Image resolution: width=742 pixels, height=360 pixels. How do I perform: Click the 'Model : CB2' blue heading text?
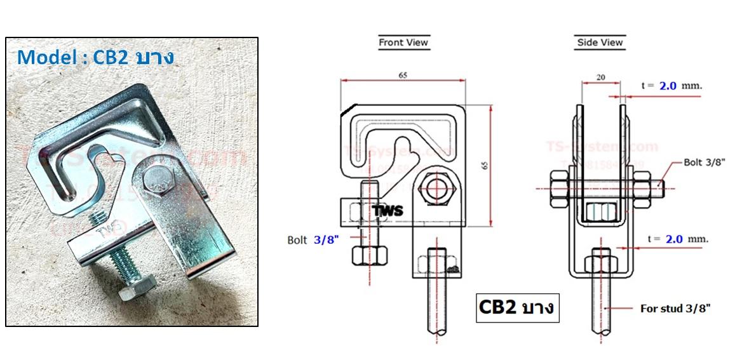tap(95, 58)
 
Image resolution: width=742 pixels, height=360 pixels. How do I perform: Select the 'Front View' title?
tap(403, 43)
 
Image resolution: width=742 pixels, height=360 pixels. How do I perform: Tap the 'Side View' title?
tap(600, 43)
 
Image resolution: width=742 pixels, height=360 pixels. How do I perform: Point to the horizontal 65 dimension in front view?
tap(403, 75)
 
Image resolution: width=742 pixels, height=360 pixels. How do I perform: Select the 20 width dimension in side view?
tap(600, 77)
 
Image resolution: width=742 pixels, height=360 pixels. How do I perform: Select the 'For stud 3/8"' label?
tap(675, 308)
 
